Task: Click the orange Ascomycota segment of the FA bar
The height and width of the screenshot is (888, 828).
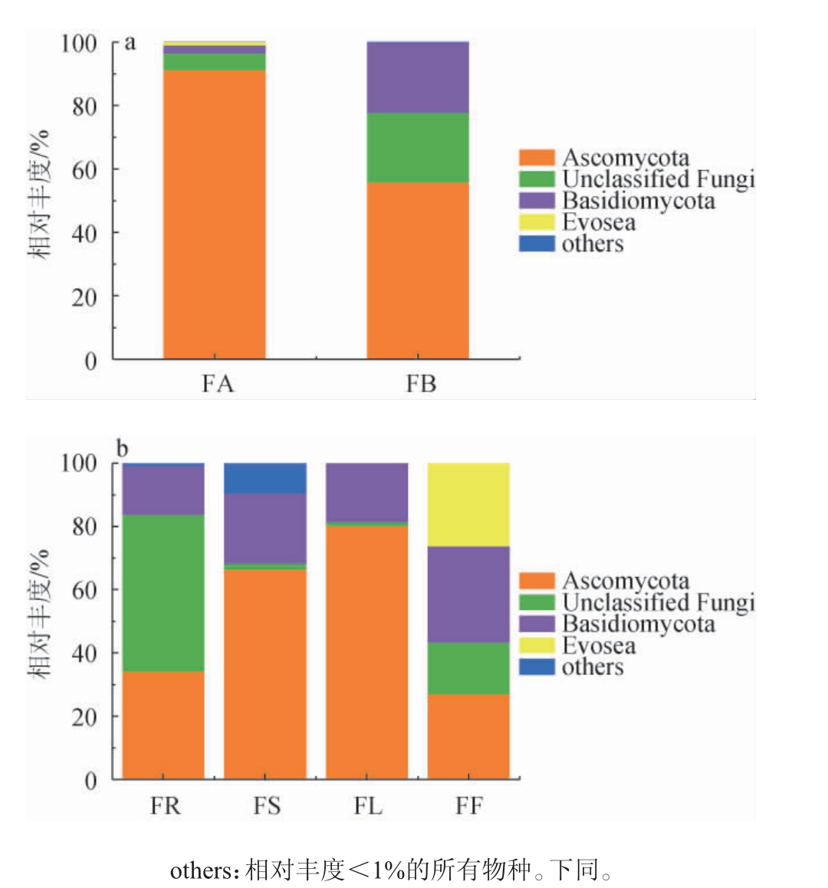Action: coord(215,215)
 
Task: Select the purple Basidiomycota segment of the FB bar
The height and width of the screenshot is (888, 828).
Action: coord(418,77)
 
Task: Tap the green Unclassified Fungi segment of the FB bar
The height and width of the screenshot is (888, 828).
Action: coord(418,148)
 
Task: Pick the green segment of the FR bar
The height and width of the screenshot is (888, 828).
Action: coord(163,593)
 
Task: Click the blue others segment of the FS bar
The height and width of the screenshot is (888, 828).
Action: coord(265,478)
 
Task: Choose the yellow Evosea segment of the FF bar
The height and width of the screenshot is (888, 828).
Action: coord(468,504)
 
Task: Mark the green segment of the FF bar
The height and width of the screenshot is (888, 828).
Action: coord(468,668)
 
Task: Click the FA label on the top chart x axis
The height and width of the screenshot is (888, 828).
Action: coord(217,383)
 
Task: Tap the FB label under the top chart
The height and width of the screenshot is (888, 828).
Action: coord(420,383)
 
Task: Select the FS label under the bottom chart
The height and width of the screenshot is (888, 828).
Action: coord(267,806)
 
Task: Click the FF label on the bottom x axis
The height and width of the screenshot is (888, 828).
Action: coord(468,806)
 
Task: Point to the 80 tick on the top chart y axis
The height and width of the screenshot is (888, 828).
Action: coord(84,106)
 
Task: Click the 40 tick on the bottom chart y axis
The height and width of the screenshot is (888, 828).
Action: coord(84,654)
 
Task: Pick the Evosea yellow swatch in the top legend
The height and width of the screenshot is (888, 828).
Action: coord(537,222)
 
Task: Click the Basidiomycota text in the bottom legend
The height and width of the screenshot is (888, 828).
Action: coord(638,624)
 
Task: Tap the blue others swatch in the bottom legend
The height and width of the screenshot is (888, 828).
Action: coord(537,667)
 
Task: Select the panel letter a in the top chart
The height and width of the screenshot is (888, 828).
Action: coord(130,42)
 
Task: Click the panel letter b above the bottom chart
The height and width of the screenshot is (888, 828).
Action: coord(122,449)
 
